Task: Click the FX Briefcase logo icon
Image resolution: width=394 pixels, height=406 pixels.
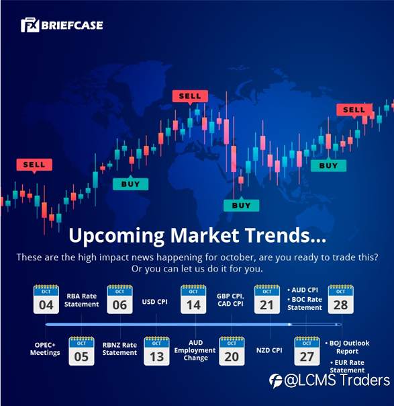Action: [x=30, y=25]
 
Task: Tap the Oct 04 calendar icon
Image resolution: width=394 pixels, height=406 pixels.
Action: [x=46, y=299]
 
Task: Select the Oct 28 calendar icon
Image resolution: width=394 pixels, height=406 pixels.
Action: [x=341, y=299]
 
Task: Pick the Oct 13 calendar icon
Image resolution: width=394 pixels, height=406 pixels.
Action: [x=156, y=351]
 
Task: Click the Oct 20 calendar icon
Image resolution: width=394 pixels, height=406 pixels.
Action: [x=232, y=351]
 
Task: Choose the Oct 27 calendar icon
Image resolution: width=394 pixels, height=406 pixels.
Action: [x=307, y=351]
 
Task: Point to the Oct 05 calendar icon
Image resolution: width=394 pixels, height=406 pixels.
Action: [x=81, y=351]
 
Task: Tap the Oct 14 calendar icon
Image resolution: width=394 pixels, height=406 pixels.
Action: [x=193, y=299]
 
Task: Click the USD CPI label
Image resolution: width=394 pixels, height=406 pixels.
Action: [x=154, y=302]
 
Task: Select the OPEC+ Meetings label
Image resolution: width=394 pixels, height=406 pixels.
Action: [x=45, y=349]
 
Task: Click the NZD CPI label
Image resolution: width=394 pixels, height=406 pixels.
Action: [x=269, y=350]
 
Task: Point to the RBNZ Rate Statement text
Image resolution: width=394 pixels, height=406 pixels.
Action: [x=119, y=349]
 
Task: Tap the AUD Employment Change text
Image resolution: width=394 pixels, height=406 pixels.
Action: [x=195, y=350]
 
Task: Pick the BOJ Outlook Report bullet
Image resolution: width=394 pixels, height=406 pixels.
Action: [x=348, y=348]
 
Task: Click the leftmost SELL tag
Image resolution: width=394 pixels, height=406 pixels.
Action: [x=34, y=165]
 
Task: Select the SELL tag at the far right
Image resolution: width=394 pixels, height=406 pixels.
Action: [x=354, y=110]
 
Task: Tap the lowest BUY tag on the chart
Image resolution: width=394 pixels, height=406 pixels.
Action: [x=241, y=205]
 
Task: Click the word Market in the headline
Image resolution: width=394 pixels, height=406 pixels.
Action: [x=204, y=235]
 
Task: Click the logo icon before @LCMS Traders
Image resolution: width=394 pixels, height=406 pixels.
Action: [x=276, y=381]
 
